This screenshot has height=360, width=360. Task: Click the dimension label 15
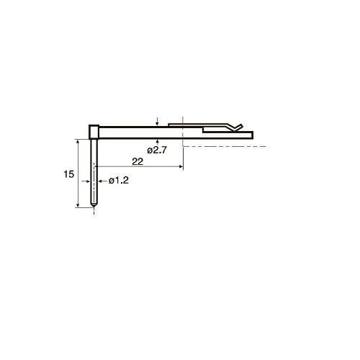point(68,174)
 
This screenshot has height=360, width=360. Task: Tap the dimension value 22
point(138,162)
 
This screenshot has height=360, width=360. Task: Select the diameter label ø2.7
point(157,150)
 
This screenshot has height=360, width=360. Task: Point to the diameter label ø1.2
point(119,181)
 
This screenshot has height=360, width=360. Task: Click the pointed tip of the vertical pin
point(94,207)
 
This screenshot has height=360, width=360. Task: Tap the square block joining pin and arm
point(94,132)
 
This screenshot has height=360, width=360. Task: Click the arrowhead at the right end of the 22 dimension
point(181,166)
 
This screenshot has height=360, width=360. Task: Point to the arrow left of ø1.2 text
point(103,181)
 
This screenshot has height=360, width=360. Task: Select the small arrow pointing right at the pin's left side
point(86,181)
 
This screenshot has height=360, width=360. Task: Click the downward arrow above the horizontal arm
point(157,122)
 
